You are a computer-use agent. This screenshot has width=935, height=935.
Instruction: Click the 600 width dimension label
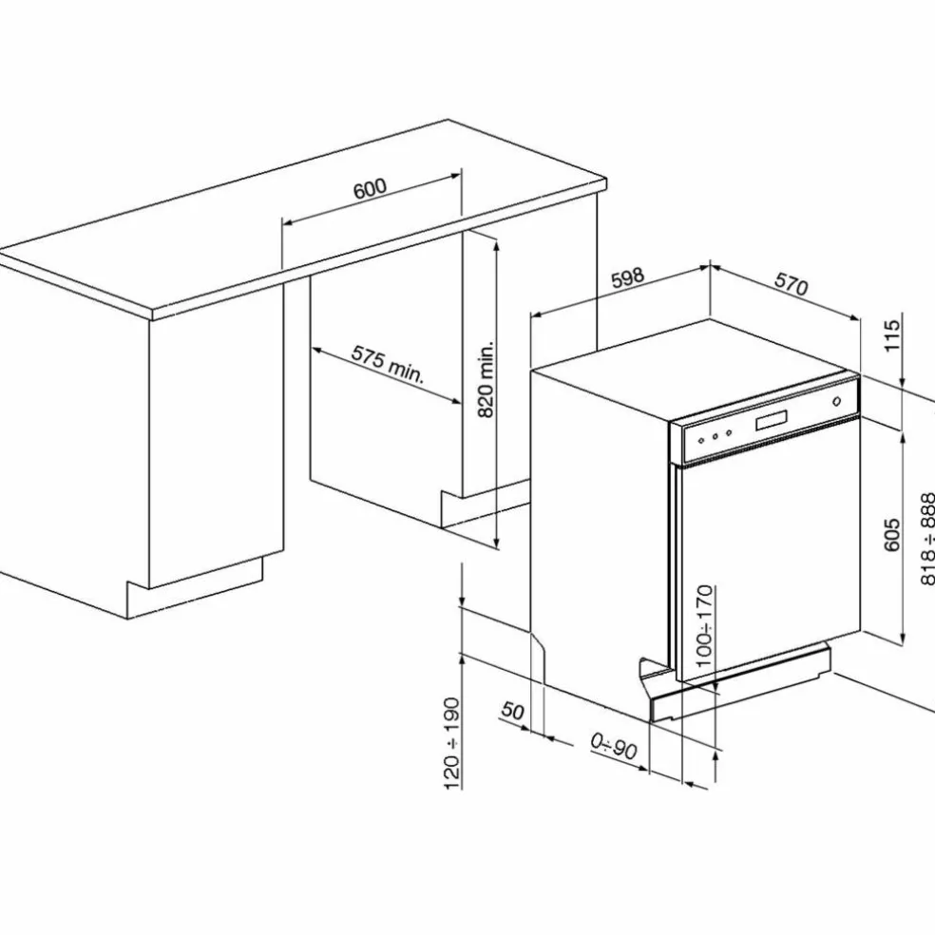[x=371, y=188]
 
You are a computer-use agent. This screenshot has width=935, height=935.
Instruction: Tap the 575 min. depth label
[x=387, y=364]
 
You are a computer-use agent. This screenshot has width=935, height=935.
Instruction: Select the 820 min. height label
[x=487, y=379]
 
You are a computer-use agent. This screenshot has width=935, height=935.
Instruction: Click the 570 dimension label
[x=792, y=284]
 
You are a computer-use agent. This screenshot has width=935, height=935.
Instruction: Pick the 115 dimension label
[x=891, y=335]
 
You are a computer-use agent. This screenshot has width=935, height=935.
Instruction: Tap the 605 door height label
[x=891, y=535]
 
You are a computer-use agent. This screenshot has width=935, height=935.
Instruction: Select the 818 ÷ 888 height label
[x=927, y=539]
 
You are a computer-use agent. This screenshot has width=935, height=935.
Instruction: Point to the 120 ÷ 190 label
[x=452, y=744]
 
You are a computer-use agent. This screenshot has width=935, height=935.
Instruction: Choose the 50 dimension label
[x=512, y=711]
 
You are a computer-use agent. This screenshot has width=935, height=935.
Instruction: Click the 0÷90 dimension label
[x=614, y=745]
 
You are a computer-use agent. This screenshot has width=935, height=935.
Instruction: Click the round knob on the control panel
[x=836, y=402]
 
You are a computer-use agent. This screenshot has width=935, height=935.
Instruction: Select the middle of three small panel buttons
[x=715, y=436]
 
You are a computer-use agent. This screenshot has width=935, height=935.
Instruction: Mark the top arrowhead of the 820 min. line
[x=496, y=242]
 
